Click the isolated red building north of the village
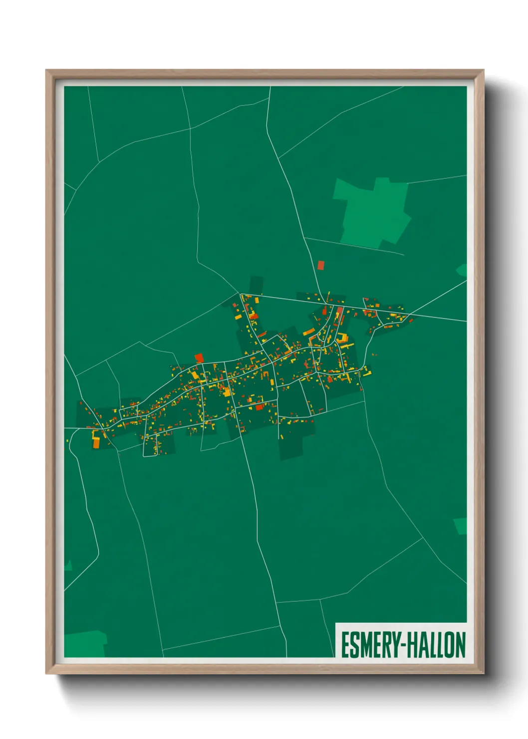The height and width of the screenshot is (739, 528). point(320,265)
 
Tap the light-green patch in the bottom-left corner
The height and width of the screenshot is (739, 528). point(85,644)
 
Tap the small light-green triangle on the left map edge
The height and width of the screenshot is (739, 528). point(68,566)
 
